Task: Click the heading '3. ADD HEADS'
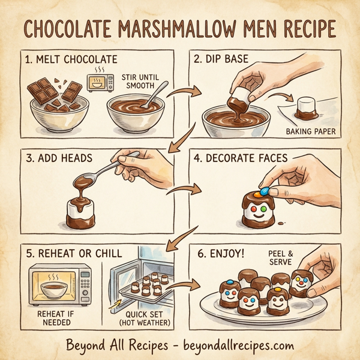click(x=60, y=159)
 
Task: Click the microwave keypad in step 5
click(x=86, y=282)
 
